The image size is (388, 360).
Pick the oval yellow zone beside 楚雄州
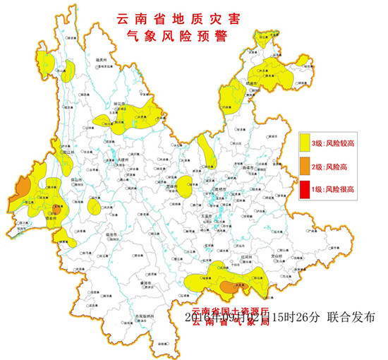[x=184, y=186]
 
